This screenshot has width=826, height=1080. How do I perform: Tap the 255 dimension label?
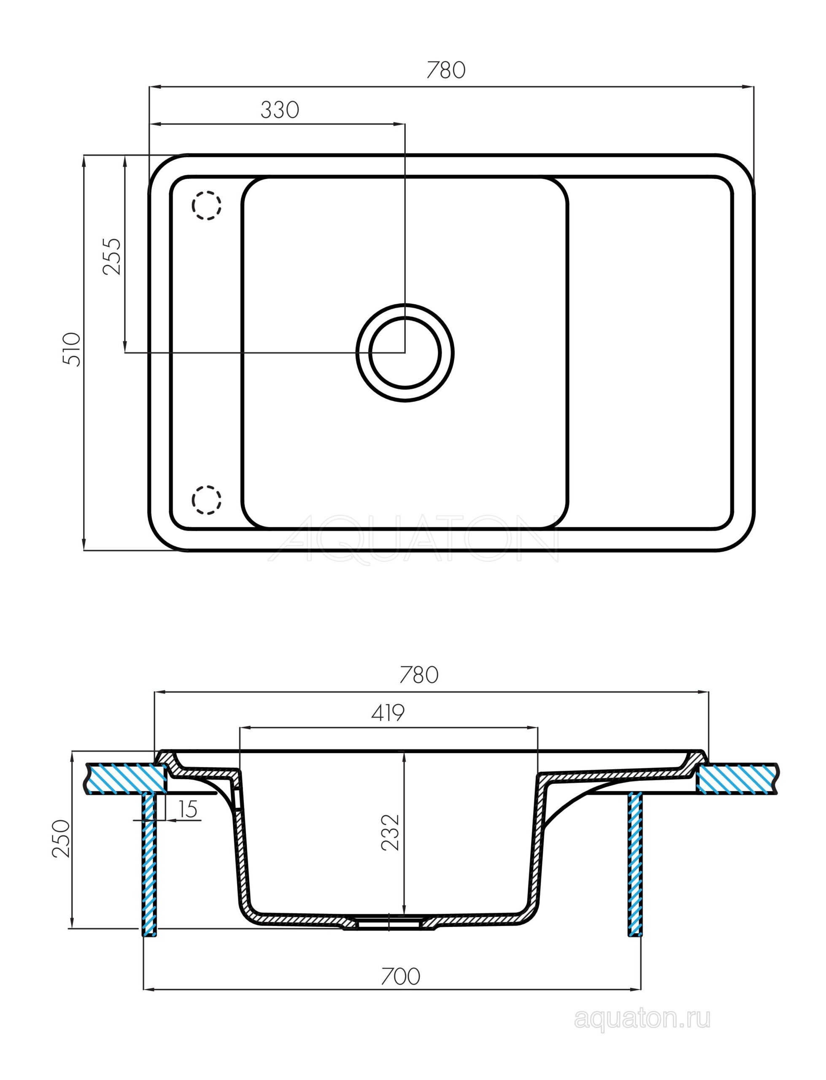point(112,256)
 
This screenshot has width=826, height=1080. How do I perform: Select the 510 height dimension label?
point(71,349)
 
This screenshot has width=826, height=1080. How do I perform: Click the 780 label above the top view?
point(445,71)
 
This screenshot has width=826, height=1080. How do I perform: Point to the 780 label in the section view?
point(418,675)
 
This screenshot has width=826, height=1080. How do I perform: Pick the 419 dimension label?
point(388,713)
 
